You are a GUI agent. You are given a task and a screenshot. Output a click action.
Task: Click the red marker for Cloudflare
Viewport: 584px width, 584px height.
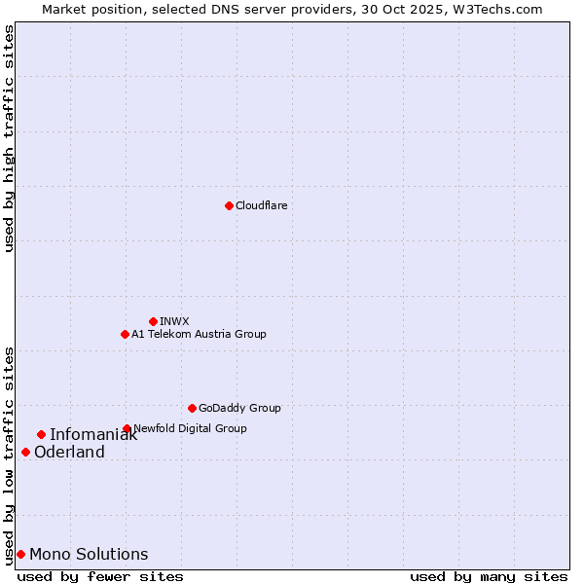pos(229,205)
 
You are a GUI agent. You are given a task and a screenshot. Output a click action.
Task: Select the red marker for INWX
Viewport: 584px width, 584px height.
pos(153,321)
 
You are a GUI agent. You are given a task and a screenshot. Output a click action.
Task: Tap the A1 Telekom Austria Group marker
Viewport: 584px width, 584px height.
pos(125,334)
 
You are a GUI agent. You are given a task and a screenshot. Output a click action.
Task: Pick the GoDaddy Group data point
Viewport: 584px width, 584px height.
pos(192,408)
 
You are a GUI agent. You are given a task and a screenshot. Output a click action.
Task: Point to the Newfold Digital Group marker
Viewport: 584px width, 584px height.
pos(127,428)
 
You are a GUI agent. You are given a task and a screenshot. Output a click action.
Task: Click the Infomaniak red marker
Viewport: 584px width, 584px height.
pos(41,434)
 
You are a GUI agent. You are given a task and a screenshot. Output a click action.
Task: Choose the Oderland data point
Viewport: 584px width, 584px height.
pos(25,452)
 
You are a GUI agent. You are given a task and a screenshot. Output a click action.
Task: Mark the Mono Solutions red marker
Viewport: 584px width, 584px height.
pos(20,554)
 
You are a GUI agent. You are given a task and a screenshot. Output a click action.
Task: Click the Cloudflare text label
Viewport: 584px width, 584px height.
pos(262,205)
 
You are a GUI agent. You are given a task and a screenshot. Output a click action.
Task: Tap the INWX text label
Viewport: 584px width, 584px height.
pos(174,321)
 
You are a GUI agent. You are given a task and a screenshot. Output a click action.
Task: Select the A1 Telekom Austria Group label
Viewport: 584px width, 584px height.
pos(199,334)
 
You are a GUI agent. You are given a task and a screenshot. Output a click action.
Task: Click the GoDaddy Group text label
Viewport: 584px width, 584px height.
pos(239,408)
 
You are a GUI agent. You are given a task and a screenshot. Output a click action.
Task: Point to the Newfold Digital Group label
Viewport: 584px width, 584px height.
pos(190,428)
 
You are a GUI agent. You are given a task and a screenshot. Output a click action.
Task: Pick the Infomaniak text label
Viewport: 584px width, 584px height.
pos(93,435)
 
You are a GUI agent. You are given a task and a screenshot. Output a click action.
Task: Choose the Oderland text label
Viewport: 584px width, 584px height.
pos(69,453)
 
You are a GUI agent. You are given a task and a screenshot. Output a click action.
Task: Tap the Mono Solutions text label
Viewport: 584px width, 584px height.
pos(89,555)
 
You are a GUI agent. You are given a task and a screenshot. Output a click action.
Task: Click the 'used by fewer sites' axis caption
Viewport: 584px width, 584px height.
pos(100,576)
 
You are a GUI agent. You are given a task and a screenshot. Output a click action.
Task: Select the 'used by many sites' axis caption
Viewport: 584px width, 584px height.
pos(489,576)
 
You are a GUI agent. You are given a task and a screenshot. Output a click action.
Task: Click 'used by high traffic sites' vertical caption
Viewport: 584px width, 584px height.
pos(9,138)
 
